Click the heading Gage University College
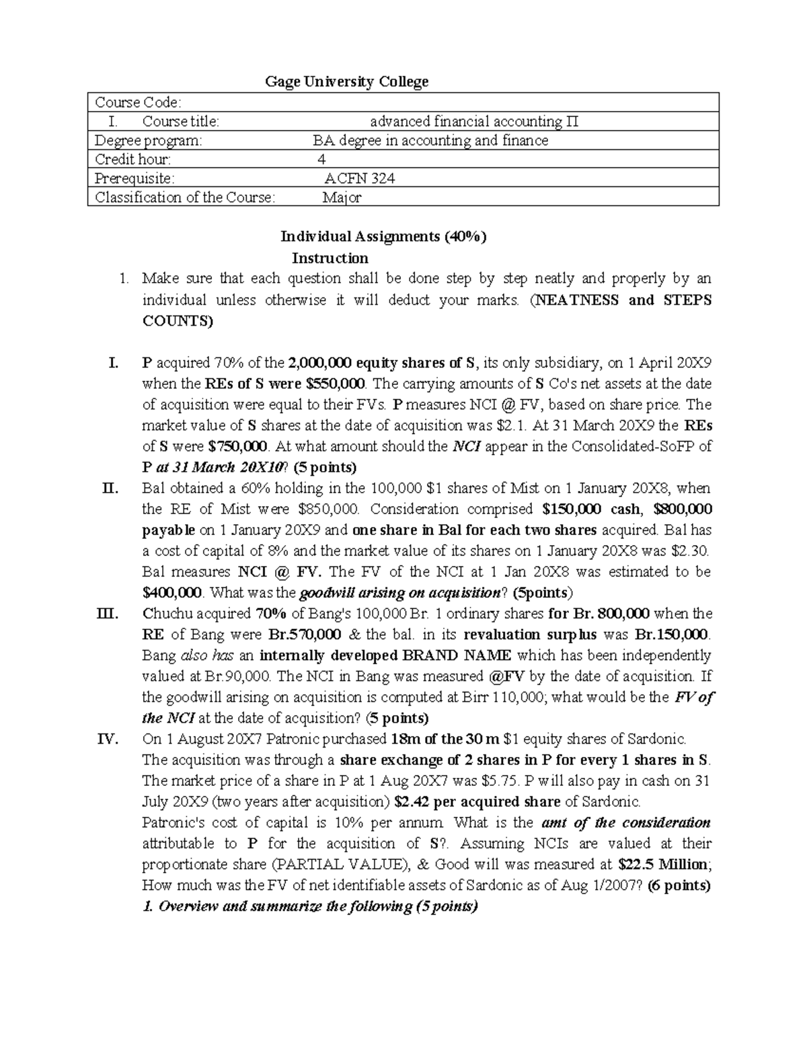tap(346, 82)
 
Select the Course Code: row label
tap(138, 102)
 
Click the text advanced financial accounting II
tap(473, 122)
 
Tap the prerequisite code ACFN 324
tap(359, 178)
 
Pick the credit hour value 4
tap(321, 159)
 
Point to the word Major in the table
tap(342, 198)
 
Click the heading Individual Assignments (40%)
tap(383, 237)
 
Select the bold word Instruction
tap(330, 258)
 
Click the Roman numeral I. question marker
tap(113, 363)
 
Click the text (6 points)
tap(679, 886)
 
